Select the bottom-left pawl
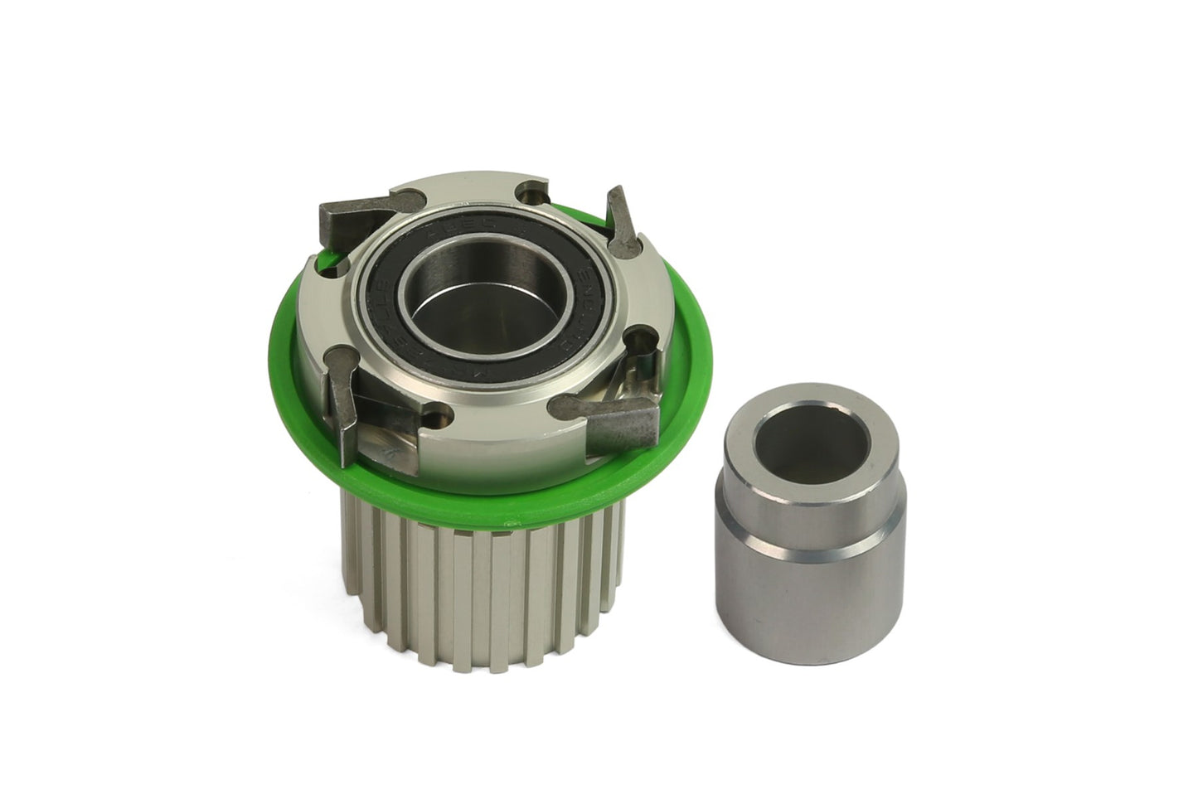pos(342,394)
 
